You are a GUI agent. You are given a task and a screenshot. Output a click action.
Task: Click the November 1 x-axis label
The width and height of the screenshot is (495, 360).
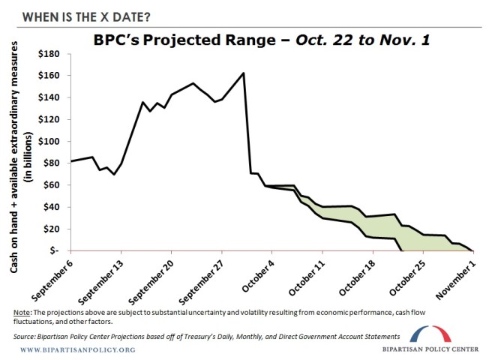460,275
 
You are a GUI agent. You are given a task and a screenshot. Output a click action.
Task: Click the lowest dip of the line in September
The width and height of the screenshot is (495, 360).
114,174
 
